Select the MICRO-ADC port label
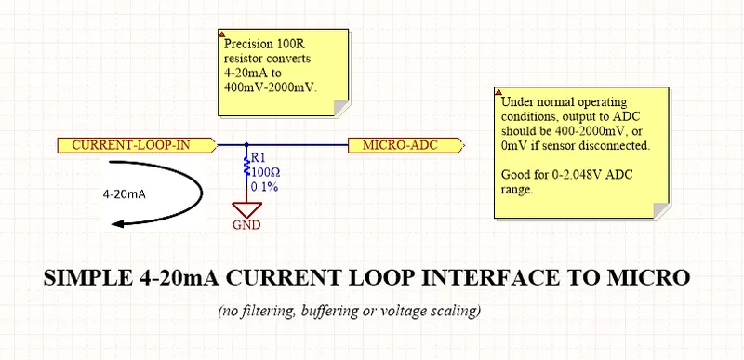point(405,145)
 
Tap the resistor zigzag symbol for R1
point(246,167)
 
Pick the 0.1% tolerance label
point(264,187)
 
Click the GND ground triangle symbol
point(246,209)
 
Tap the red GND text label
point(246,225)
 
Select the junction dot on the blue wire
point(246,145)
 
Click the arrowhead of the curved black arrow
point(118,223)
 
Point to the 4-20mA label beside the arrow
point(125,194)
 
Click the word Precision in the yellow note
point(247,45)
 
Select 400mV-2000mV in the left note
point(270,87)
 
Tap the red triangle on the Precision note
point(221,34)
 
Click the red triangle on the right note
point(498,92)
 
